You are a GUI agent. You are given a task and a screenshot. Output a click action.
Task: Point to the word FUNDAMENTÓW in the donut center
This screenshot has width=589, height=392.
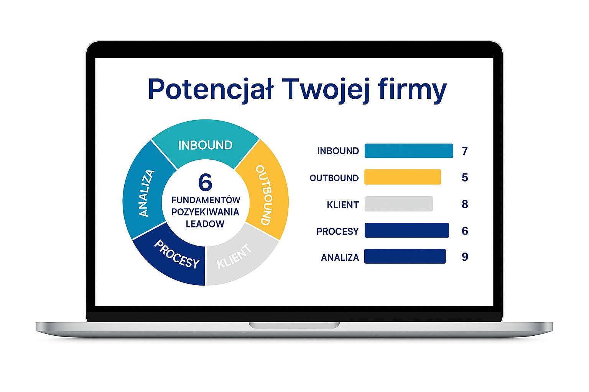(x=206, y=200)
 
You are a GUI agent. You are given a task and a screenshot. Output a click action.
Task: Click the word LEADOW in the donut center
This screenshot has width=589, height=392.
(x=205, y=224)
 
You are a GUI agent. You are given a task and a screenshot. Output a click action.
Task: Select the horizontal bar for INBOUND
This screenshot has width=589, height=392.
(x=409, y=151)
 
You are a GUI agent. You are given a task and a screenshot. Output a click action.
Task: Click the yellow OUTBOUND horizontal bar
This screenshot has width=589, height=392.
(x=403, y=177)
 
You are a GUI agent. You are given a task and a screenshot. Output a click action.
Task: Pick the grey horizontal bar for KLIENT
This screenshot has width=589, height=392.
(x=399, y=204)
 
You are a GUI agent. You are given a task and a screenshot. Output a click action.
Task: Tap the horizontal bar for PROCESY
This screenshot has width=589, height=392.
(x=407, y=230)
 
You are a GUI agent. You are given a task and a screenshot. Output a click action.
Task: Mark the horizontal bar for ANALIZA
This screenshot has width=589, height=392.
(x=405, y=256)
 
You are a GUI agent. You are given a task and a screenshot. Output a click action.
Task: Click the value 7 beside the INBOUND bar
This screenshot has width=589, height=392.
(x=465, y=151)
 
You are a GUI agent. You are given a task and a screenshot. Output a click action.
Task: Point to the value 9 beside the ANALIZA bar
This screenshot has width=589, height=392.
(x=465, y=257)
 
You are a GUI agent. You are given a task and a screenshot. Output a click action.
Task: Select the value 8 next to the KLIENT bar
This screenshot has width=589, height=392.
(x=465, y=204)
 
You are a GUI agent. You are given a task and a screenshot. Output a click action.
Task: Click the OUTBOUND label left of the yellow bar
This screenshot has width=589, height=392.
(x=334, y=178)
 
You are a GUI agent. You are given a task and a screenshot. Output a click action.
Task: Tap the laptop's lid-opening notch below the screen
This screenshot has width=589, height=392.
(x=294, y=325)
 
